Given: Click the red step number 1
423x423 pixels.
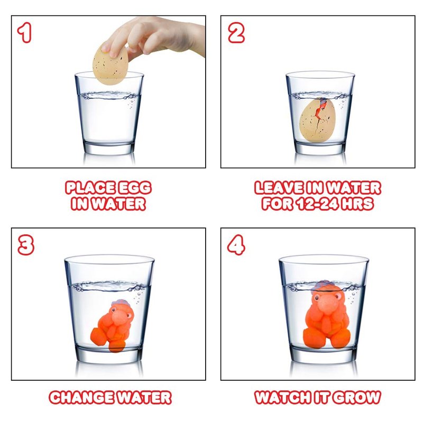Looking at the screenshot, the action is point(24,33).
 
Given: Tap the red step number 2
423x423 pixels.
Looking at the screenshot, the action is point(236,33).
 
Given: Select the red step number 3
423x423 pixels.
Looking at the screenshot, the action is point(26,245).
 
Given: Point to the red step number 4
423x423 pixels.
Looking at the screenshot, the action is point(236,245).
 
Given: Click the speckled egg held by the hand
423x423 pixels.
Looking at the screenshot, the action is point(111,65).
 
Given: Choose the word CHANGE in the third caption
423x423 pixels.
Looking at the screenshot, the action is point(83,398).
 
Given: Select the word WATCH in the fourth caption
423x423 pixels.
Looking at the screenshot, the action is point(282,398).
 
